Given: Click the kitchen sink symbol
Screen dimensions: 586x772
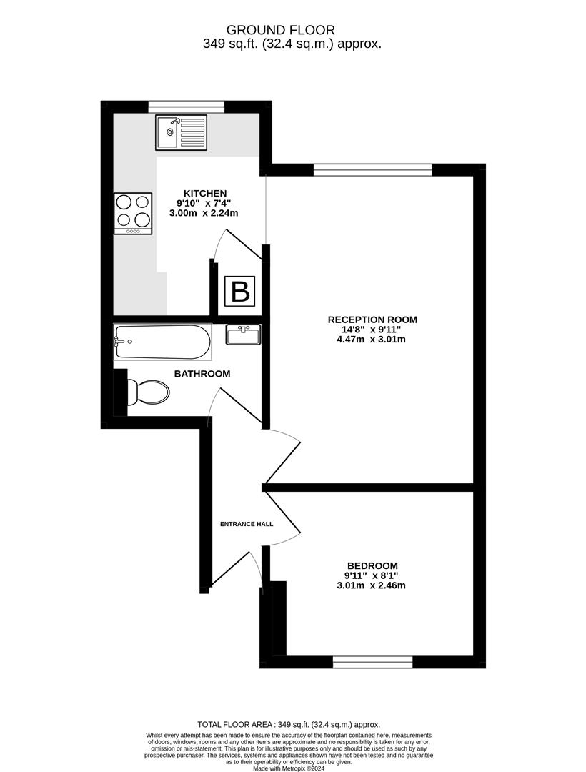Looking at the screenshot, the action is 182,132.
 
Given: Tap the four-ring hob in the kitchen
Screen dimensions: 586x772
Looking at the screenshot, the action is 134,213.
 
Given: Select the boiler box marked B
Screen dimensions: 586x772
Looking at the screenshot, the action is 240,291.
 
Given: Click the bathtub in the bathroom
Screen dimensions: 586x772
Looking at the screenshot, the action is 163,341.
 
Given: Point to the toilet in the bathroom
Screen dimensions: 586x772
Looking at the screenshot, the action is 148,392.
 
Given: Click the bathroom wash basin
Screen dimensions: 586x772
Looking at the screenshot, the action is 243,335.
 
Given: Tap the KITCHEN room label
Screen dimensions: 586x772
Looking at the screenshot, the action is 205,194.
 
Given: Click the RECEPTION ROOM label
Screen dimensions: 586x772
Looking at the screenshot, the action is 372,320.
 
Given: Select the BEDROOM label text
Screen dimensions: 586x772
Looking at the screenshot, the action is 372,565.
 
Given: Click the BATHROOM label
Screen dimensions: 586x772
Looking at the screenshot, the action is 202,374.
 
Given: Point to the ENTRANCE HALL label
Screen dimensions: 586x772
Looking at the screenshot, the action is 247,524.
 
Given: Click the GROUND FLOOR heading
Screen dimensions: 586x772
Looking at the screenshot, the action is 280,31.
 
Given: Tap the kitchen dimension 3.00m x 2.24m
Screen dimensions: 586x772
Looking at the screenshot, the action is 204,213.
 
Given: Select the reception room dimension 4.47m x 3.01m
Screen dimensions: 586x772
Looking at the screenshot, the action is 372,340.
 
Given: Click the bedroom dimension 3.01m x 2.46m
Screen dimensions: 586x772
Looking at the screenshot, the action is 372,585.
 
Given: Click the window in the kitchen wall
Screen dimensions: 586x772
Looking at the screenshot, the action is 187,107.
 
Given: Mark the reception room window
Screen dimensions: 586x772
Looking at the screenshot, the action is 373,170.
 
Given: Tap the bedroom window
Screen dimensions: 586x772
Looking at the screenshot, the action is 373,662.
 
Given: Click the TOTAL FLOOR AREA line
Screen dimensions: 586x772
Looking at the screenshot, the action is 289,725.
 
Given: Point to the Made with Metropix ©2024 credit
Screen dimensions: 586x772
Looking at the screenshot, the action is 289,768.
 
